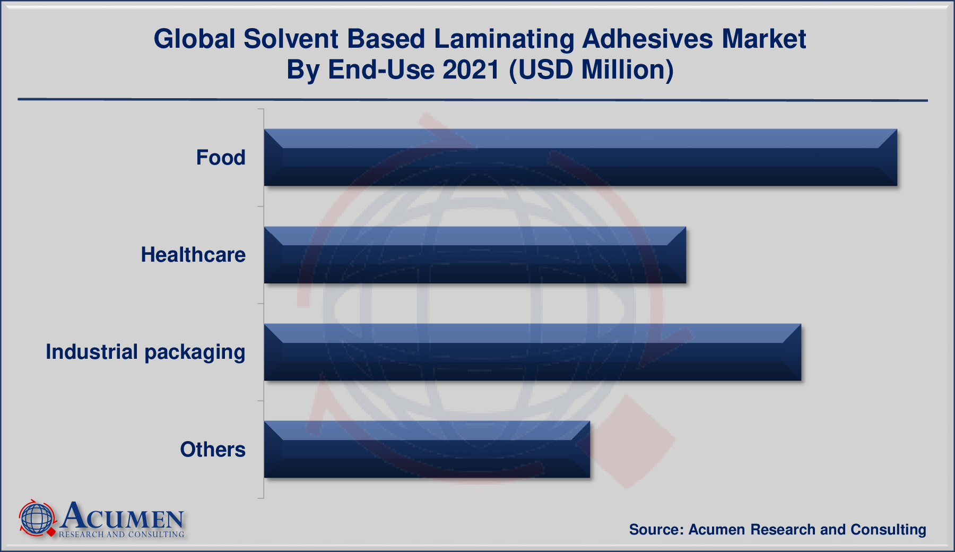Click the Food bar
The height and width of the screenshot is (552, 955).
point(580,158)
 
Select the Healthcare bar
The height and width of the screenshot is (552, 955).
point(475,255)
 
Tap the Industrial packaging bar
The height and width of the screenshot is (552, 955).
point(532,352)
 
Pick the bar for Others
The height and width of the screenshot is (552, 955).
point(427,450)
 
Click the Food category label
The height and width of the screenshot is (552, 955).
point(221,158)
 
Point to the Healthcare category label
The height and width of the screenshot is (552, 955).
point(193,255)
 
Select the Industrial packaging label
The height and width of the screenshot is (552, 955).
point(145,352)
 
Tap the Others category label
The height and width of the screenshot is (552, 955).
point(213,450)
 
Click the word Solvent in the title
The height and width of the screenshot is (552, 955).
point(291,39)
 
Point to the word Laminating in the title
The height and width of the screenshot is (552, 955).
point(504,39)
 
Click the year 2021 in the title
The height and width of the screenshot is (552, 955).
point(471,70)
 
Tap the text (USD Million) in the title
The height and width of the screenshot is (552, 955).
point(592,70)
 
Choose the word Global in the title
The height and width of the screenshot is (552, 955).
point(194,39)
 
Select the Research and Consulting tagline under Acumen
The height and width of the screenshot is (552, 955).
point(121,534)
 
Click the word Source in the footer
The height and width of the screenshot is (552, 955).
point(655,530)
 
